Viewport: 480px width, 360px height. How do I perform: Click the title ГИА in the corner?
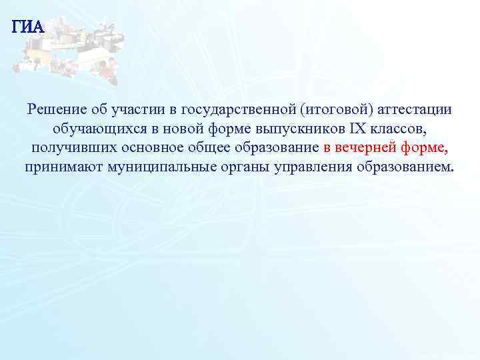pyautogui.click(x=28, y=27)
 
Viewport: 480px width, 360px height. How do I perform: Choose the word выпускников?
pyautogui.click(x=295, y=127)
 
